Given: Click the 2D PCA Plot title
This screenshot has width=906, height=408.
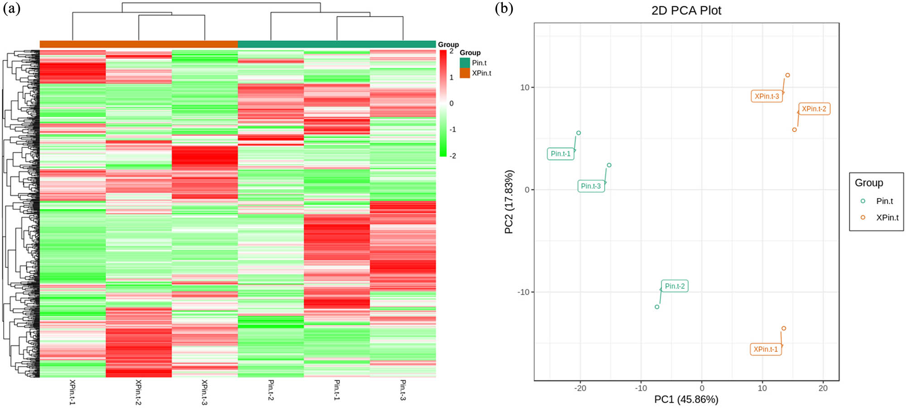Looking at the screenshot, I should pos(686,10).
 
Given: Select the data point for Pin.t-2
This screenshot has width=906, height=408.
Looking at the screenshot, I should pos(657,307).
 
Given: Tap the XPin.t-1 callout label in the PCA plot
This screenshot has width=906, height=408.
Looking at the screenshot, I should pos(766,349).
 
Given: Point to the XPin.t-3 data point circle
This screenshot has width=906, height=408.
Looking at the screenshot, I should pos(788,75).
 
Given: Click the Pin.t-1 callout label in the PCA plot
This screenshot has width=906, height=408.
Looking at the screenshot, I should pos(561,154).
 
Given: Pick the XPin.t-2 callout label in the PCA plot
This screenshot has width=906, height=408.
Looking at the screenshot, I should pos(814,109).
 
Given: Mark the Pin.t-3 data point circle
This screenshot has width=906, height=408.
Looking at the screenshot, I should pos(609,165).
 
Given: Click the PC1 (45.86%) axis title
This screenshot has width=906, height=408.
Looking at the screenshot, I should pos(686,399).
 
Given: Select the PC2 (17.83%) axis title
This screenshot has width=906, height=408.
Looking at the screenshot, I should pos(509,202).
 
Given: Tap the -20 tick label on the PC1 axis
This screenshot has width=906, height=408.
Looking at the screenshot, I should pos(580,388).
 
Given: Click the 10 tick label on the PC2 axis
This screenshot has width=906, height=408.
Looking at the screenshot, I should pos(525,87).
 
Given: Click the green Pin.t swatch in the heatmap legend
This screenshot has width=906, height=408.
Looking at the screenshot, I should pos(465,63).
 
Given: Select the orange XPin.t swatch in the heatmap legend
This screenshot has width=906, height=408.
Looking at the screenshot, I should pos(465,73).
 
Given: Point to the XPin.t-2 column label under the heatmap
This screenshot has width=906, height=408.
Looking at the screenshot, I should pos(139,392).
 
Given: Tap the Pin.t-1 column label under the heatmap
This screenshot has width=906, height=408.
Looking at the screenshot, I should pos(337,390).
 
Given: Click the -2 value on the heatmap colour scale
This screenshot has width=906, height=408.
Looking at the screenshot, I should pos(452,155).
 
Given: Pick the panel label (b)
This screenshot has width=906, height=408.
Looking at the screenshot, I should pos(504,9).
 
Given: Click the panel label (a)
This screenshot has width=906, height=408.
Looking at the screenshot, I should pos(11,9).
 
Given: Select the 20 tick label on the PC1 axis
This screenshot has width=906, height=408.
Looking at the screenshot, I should pos(823,388).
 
